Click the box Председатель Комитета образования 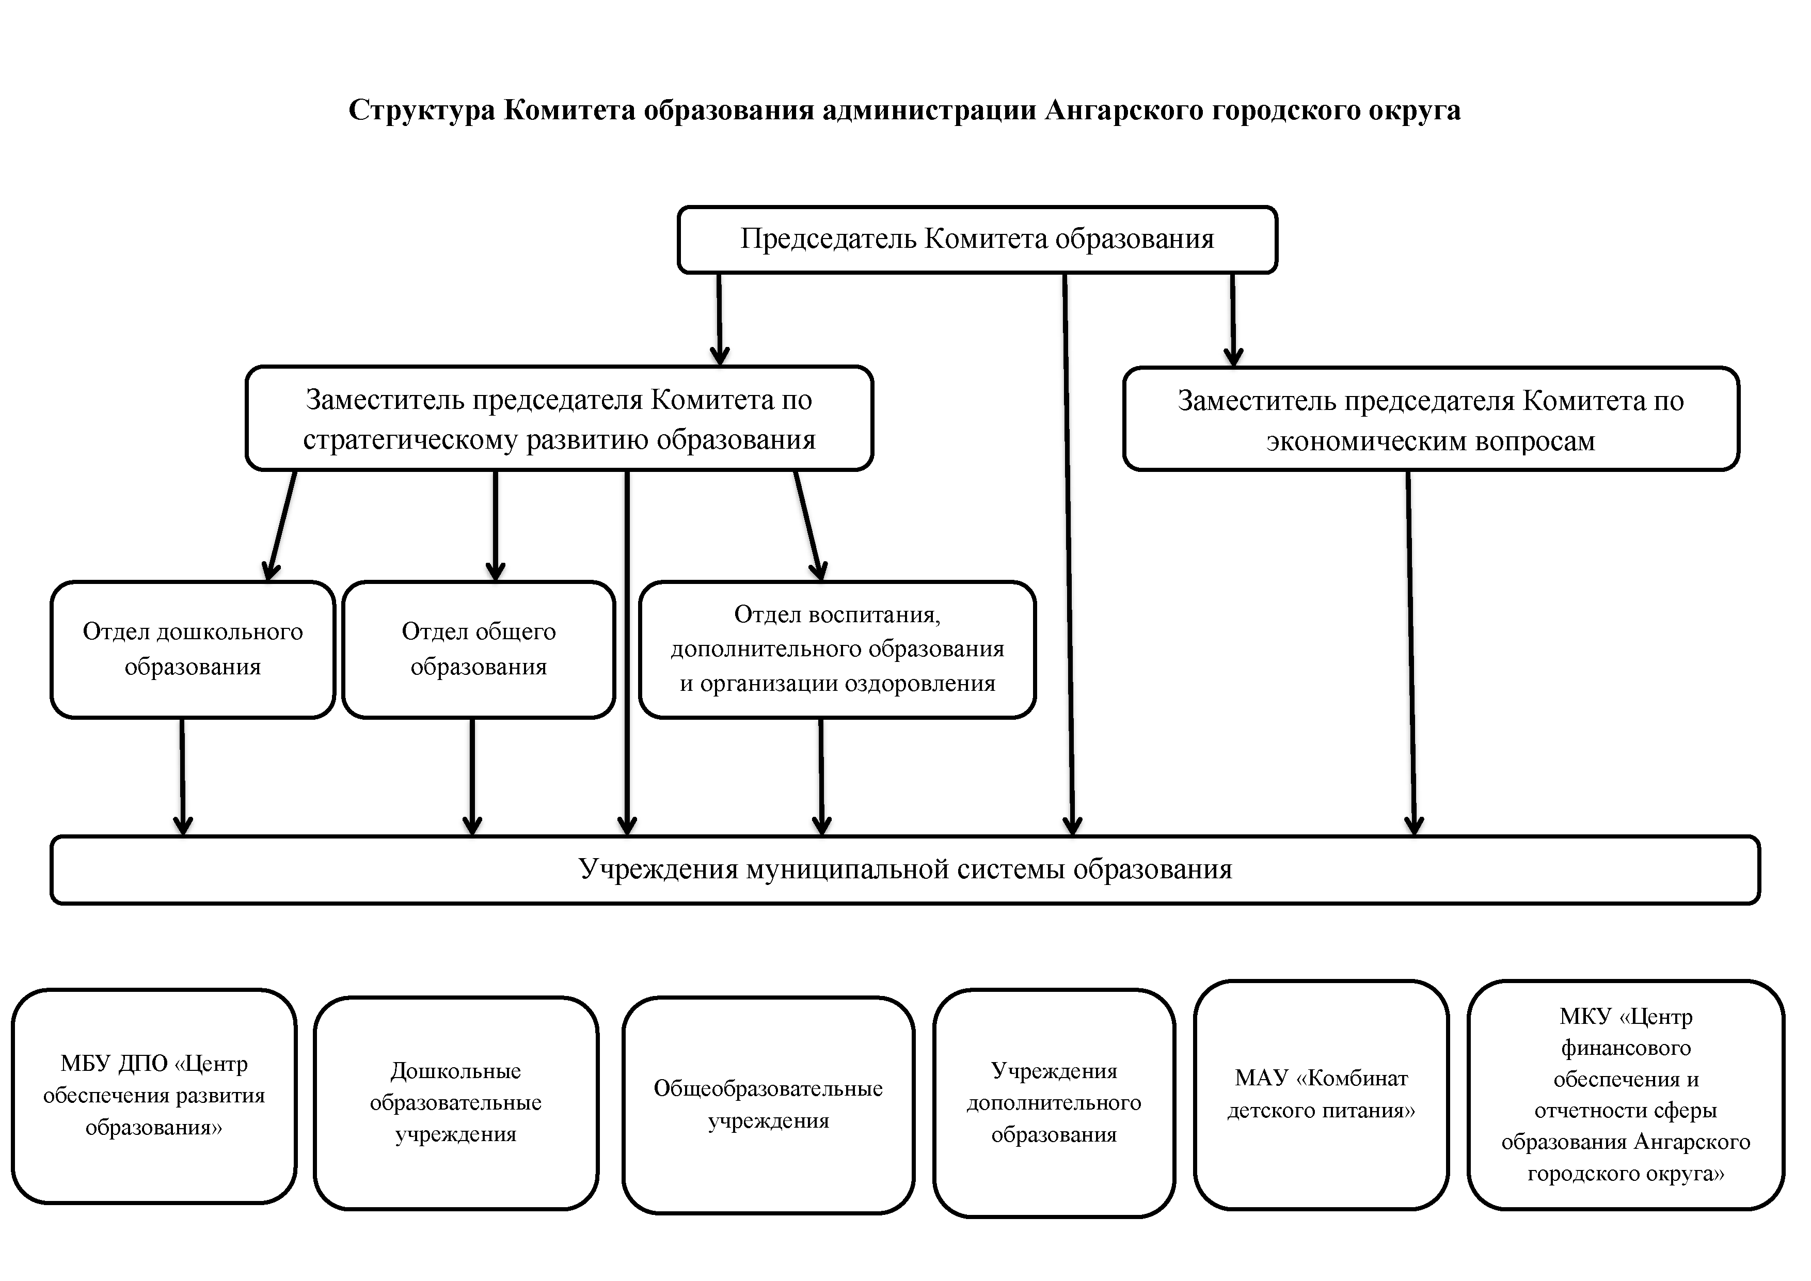977,240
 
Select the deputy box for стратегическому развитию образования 559,419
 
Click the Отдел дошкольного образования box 193,649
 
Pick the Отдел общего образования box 478,649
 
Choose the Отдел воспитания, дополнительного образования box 837,649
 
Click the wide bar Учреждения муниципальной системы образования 904,869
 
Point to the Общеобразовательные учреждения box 768,1104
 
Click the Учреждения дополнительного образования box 1054,1103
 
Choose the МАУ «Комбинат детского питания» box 1321,1094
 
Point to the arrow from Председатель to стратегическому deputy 719,320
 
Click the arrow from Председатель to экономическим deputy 1233,320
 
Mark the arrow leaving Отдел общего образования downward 472,777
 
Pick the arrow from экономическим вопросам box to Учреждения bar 1411,655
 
